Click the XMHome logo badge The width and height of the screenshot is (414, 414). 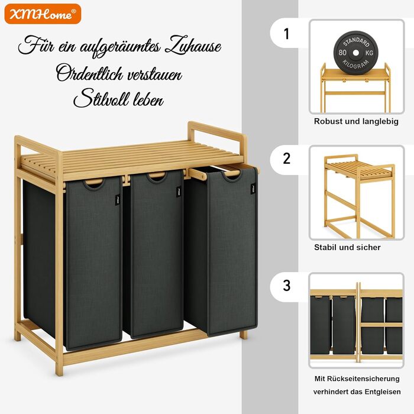43,14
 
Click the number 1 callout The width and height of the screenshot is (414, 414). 286,34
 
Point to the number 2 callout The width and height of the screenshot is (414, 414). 286,159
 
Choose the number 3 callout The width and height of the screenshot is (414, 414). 286,286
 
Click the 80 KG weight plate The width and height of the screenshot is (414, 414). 355,53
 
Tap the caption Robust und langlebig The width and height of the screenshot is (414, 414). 356,121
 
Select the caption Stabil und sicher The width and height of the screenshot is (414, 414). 347,247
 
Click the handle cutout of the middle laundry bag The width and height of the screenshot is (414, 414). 158,177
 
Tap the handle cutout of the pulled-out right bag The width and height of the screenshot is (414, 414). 232,175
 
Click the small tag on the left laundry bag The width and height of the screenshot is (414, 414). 118,200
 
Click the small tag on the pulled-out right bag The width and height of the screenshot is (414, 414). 253,189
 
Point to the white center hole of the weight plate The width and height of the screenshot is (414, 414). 355,53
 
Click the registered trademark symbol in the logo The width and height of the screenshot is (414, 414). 74,11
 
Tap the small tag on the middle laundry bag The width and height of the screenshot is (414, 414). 179,192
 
